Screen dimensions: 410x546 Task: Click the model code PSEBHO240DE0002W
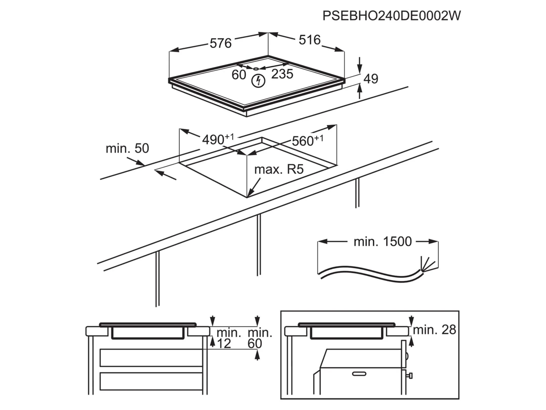(392, 16)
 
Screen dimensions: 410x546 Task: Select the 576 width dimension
(220, 43)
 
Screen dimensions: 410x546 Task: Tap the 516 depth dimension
(309, 40)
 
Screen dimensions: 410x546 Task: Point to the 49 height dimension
(371, 79)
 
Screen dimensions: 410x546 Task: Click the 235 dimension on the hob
(282, 74)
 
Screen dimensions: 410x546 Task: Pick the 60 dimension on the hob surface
(239, 75)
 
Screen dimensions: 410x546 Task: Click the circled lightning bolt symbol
(258, 81)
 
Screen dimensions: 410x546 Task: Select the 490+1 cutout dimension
(218, 139)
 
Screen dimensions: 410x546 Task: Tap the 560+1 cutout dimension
(307, 140)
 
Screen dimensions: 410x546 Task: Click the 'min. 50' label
(127, 148)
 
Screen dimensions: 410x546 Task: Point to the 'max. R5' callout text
(279, 169)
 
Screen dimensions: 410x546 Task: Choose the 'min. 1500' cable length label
(382, 241)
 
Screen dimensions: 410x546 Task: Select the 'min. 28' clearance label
(434, 330)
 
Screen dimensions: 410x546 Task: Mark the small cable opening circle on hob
(256, 68)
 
